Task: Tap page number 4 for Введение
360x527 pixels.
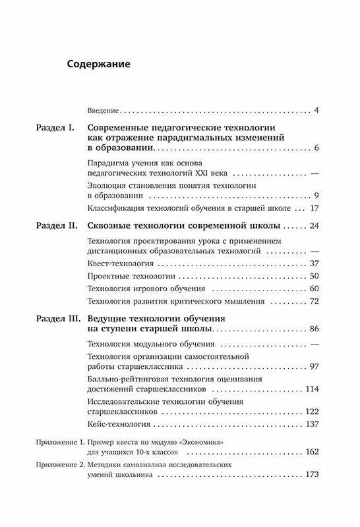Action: [x=316, y=109]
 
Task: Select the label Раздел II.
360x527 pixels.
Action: [x=57, y=226]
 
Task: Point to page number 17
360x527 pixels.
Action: [x=314, y=209]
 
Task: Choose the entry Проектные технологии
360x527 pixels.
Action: [x=128, y=276]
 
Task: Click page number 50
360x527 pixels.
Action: [x=314, y=276]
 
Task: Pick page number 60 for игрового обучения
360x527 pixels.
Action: [x=314, y=289]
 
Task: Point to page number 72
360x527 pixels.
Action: [x=314, y=301]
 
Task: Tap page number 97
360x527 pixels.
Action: [x=314, y=366]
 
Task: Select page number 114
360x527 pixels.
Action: [x=312, y=389]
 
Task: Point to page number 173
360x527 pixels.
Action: [x=312, y=475]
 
